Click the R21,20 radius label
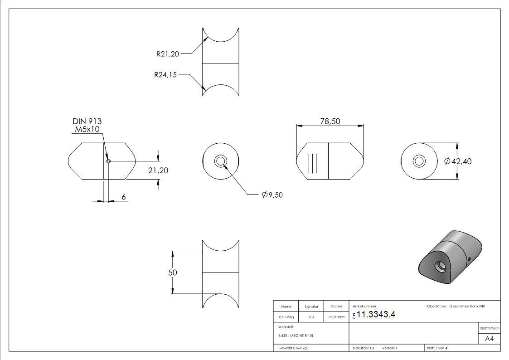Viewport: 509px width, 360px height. [x=168, y=54]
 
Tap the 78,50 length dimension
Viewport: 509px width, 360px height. [x=330, y=121]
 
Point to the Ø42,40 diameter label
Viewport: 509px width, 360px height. [x=458, y=161]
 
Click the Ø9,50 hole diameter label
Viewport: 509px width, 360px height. [x=272, y=195]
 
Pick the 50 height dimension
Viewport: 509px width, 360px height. [x=173, y=272]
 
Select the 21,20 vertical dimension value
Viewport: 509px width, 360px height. [x=158, y=170]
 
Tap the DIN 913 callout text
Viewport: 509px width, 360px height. [x=87, y=122]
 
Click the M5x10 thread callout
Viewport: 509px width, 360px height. [x=87, y=130]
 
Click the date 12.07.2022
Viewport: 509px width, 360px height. [x=336, y=317]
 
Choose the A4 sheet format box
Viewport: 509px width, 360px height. [x=490, y=339]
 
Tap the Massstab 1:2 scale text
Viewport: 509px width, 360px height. [x=363, y=348]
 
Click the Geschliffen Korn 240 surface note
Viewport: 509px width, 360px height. [x=467, y=306]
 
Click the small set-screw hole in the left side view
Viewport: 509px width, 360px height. [x=108, y=161]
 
